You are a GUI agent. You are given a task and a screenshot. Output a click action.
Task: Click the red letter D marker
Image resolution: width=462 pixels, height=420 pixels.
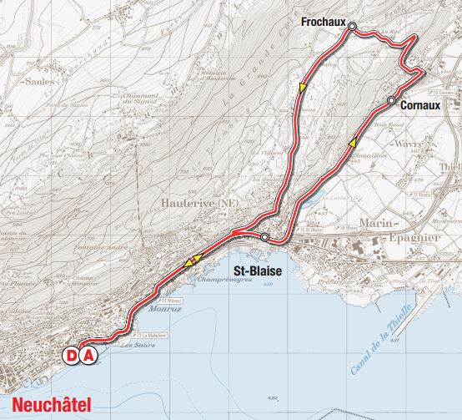pyautogui.click(x=72, y=356)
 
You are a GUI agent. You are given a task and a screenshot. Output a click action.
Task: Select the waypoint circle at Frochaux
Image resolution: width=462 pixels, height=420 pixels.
pyautogui.click(x=352, y=27)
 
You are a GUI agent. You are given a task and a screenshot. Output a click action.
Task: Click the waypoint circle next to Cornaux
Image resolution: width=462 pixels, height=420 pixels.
pyautogui.click(x=391, y=101)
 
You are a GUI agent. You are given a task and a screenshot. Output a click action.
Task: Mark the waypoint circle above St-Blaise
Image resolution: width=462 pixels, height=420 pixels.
pyautogui.click(x=264, y=238)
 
